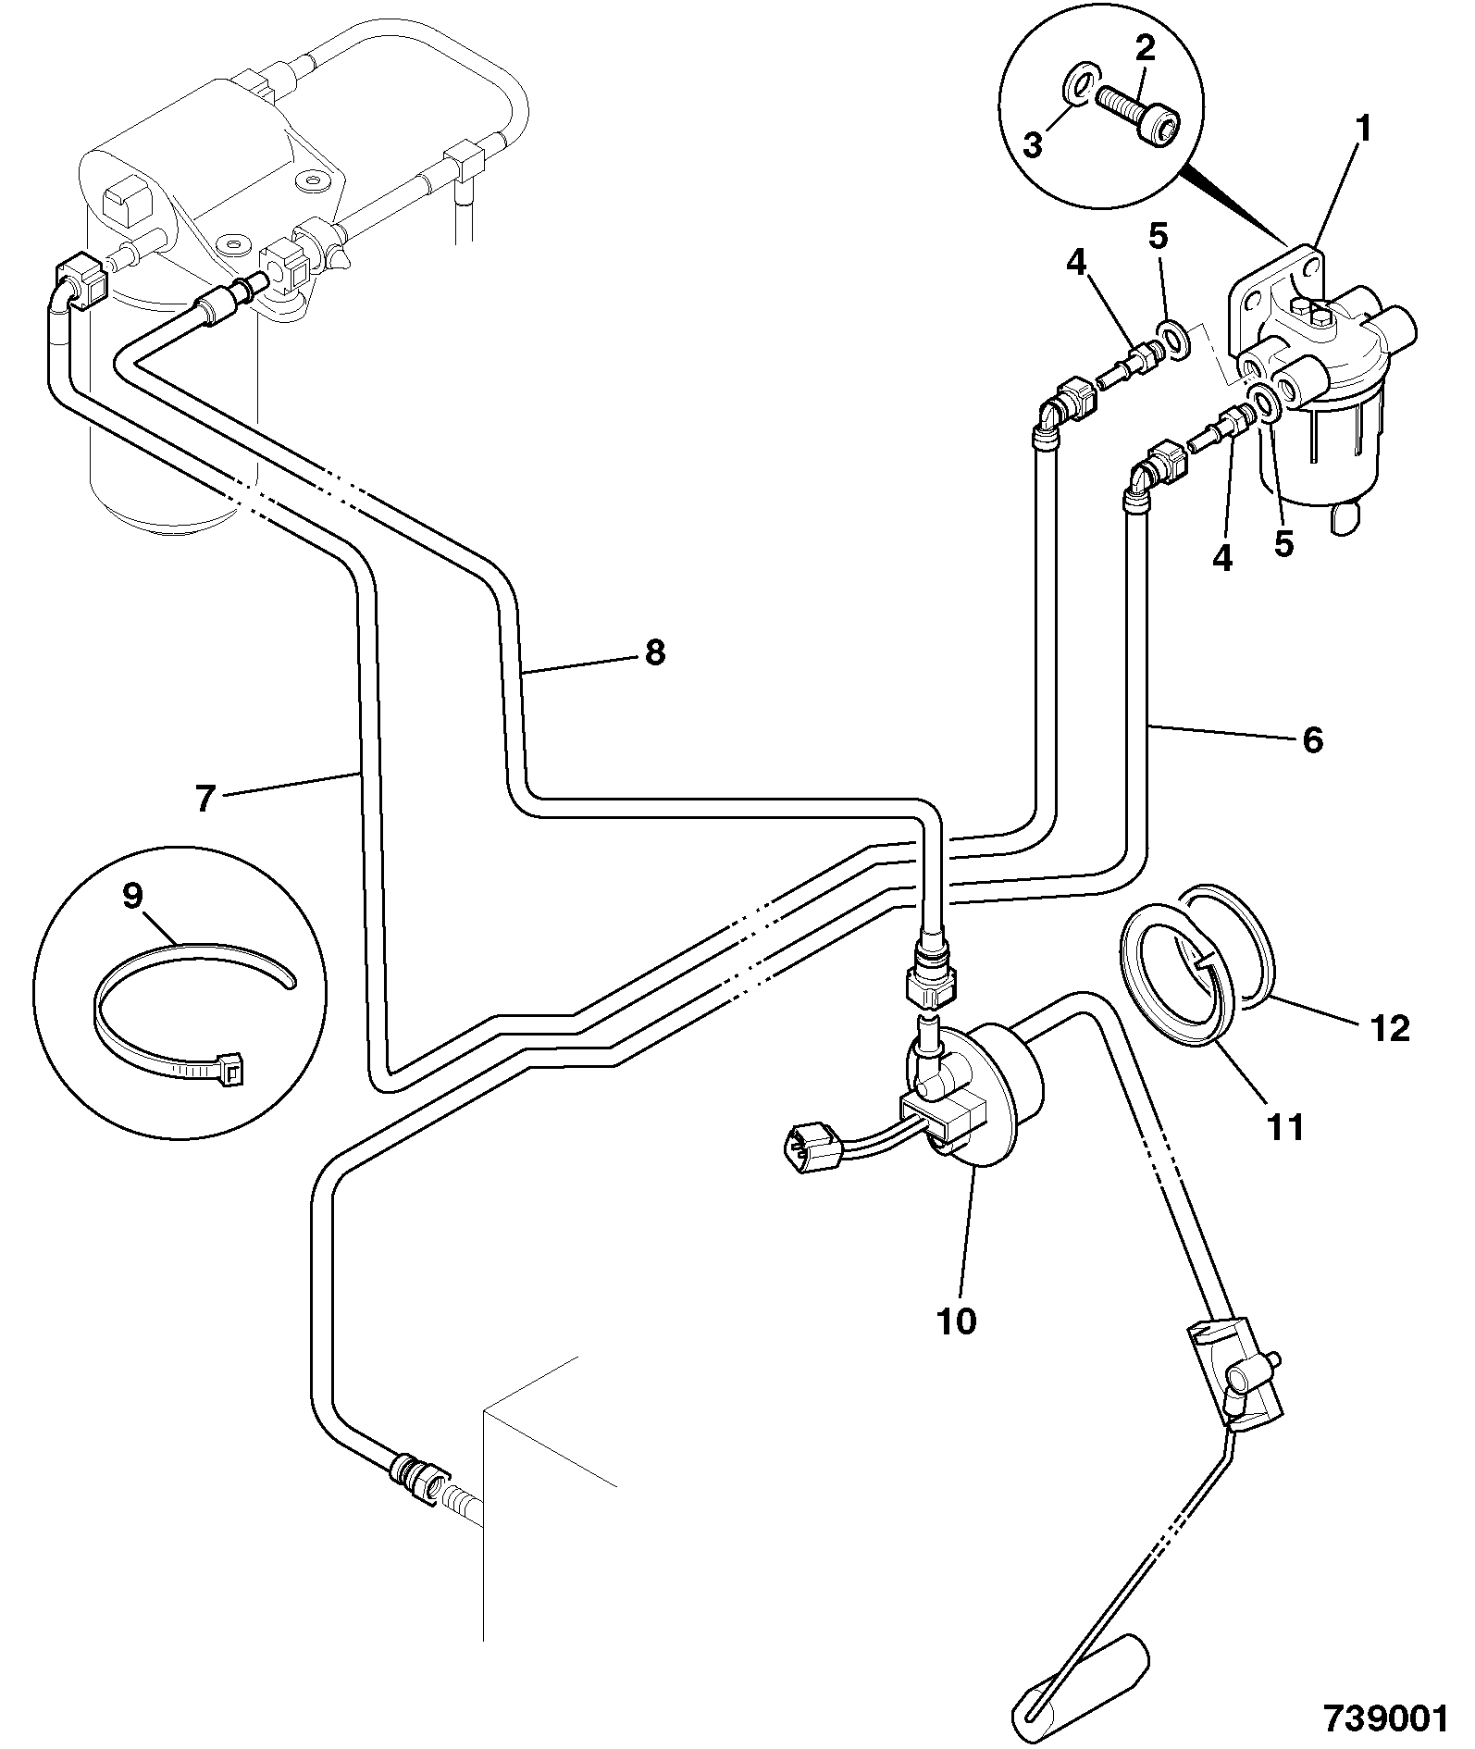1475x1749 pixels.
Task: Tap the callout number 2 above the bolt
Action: tap(1146, 49)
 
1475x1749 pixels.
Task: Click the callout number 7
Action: tap(205, 798)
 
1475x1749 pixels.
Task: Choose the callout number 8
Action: tap(654, 653)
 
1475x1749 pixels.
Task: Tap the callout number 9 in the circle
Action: tap(133, 896)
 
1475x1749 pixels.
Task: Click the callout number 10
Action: tap(957, 1321)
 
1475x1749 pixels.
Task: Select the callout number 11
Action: tap(1286, 1127)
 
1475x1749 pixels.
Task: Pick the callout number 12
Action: tap(1390, 1027)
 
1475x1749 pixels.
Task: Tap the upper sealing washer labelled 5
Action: tap(1172, 340)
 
